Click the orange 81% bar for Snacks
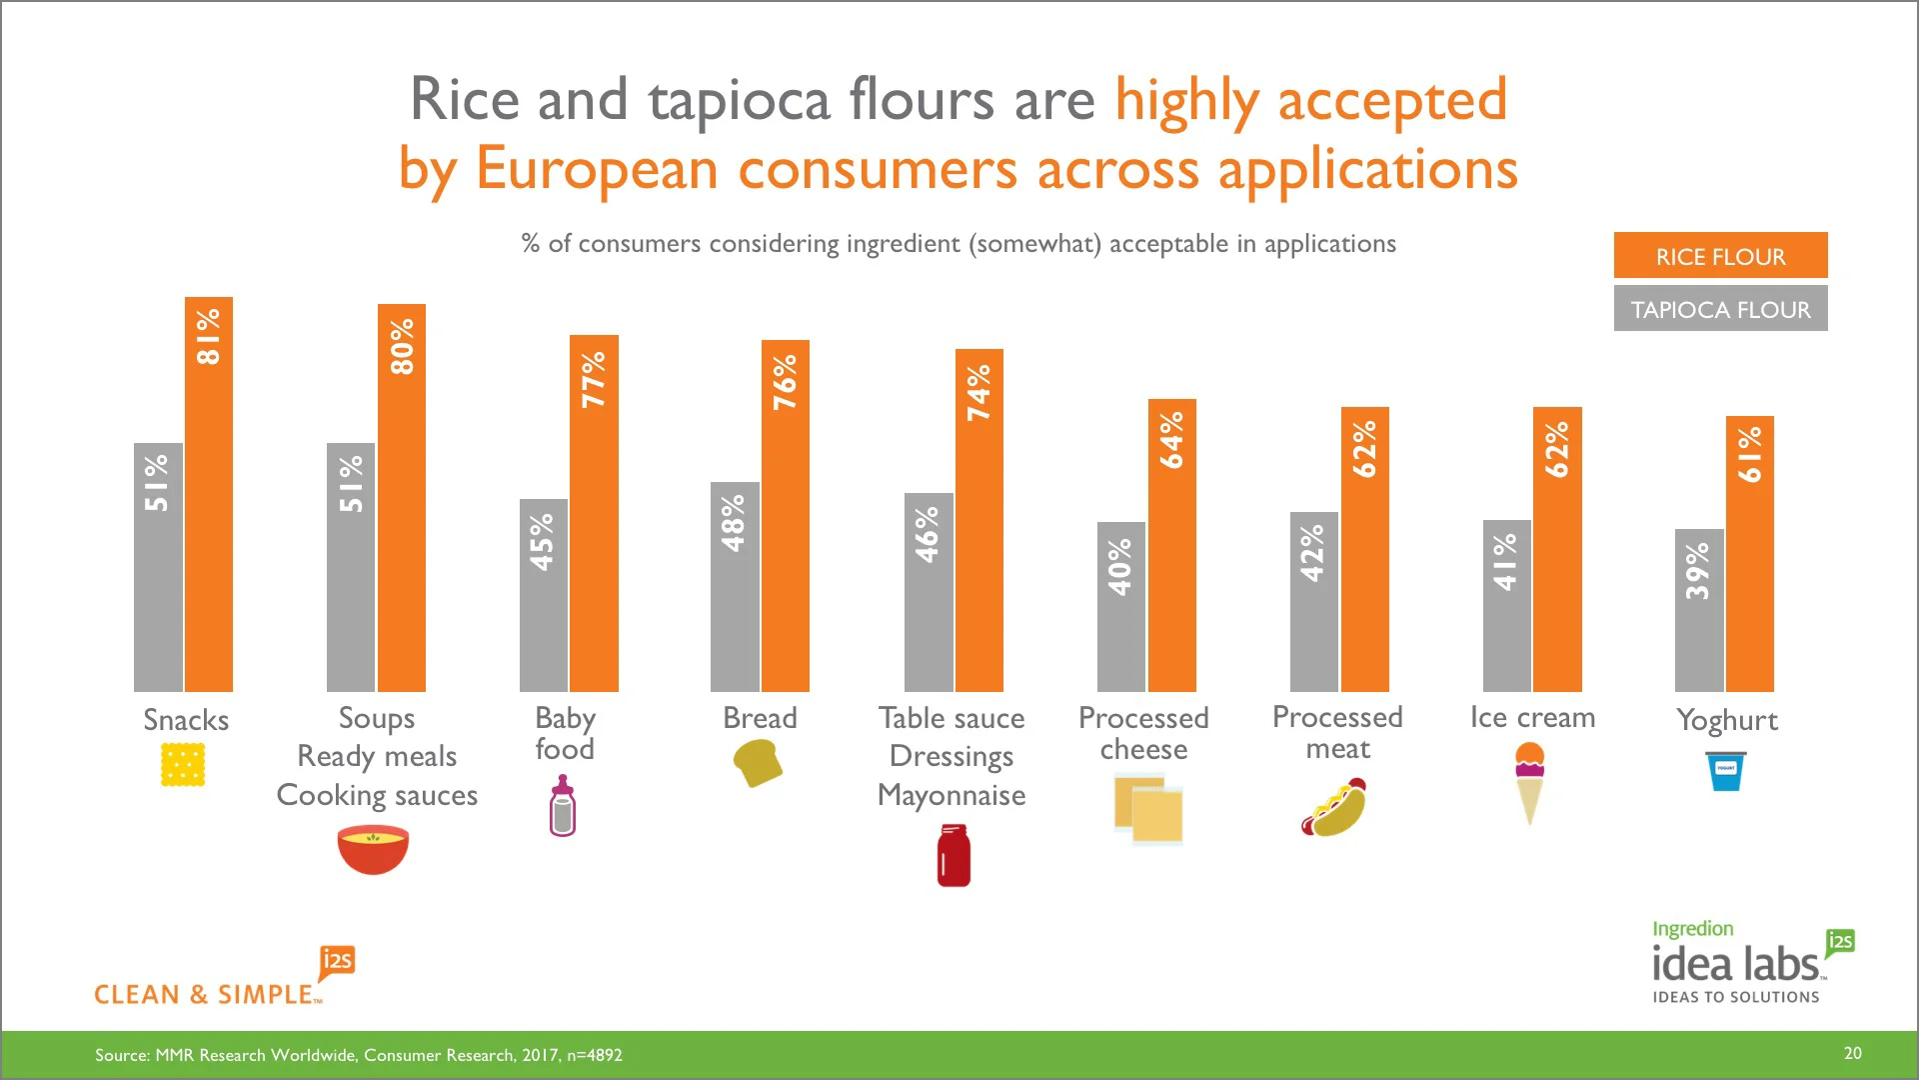[x=209, y=494]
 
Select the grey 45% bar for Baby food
[x=544, y=595]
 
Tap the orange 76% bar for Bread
[x=786, y=515]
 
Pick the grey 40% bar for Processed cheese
[x=1121, y=606]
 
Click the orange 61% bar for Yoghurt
[x=1750, y=553]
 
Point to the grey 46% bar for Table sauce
[x=929, y=592]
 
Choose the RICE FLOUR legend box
[x=1720, y=256]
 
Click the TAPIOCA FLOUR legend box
[x=1720, y=309]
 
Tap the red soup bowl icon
[x=373, y=849]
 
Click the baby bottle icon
[x=563, y=807]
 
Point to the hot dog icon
[x=1334, y=809]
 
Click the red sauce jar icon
[x=954, y=855]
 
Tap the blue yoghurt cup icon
[x=1726, y=771]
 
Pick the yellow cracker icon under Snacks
[x=183, y=765]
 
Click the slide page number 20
[x=1852, y=1053]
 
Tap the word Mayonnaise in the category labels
[x=952, y=795]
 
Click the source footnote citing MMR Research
[x=358, y=1055]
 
